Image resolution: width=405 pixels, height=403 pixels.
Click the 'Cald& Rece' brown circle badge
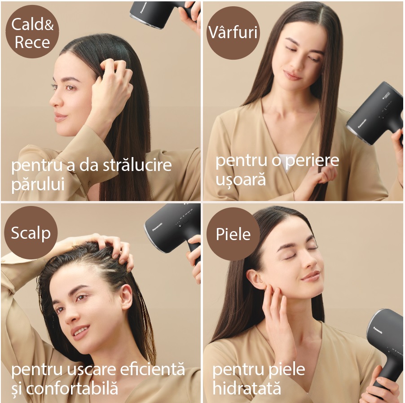click(32, 31)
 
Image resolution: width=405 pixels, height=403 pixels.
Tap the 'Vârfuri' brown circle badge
click(233, 33)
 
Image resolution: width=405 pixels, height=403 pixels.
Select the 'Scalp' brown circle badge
click(31, 232)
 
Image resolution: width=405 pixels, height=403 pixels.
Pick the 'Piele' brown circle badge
click(233, 234)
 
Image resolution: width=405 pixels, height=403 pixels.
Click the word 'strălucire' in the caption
click(137, 165)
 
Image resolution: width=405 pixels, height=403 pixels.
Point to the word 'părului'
click(38, 184)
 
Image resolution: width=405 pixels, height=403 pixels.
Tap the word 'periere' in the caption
click(312, 161)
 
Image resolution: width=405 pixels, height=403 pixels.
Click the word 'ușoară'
click(241, 180)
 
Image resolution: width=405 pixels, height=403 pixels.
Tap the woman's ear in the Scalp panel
click(127, 297)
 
